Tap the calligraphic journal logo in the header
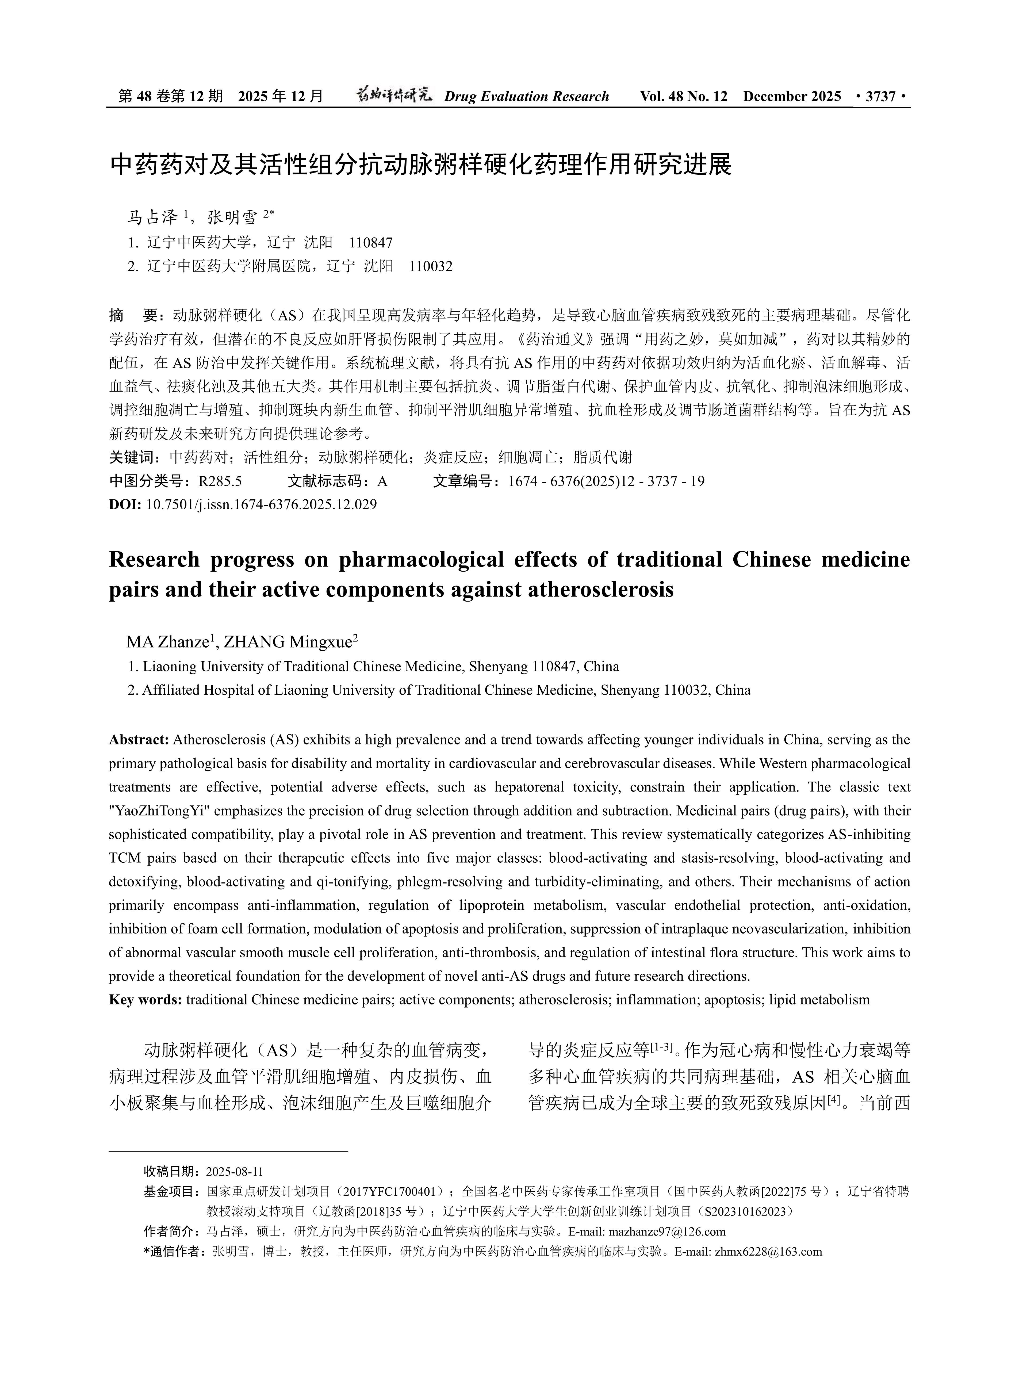coord(395,95)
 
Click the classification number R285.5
coord(220,481)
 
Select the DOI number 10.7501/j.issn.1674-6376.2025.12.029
coord(261,504)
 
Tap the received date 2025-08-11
coord(234,1171)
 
